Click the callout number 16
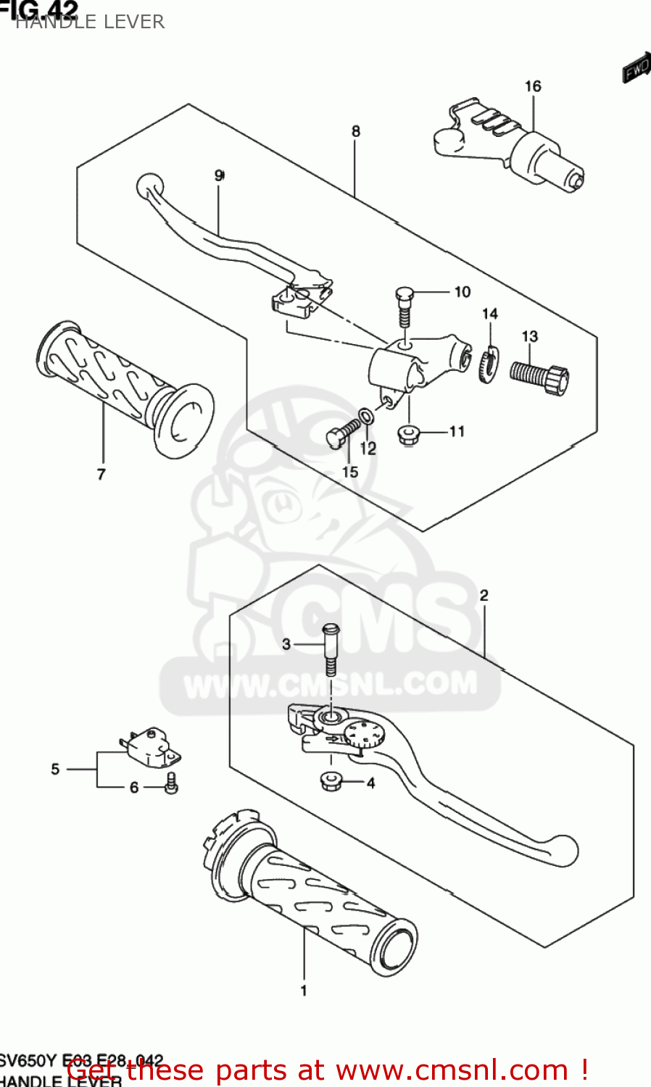click(533, 86)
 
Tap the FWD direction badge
click(636, 69)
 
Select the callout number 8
click(356, 131)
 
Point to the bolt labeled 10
click(405, 306)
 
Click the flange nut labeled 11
click(410, 435)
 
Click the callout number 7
click(101, 474)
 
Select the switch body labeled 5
click(151, 747)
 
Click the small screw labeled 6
click(171, 784)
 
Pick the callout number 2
click(484, 595)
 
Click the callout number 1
click(304, 990)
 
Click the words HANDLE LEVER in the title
click(90, 22)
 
